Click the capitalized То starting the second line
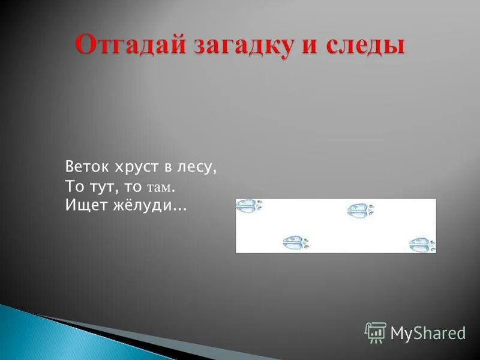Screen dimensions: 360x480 (73, 187)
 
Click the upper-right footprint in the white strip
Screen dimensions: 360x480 (360, 210)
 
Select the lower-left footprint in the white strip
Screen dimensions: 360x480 (296, 242)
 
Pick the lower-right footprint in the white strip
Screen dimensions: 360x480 (422, 245)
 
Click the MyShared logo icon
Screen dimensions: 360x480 (375, 332)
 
